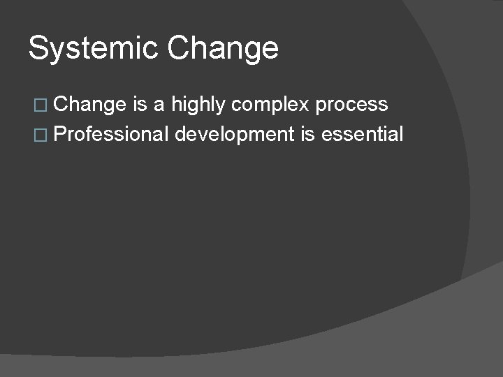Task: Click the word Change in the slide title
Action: click(223, 49)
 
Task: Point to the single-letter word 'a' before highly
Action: click(160, 105)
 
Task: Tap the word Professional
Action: click(110, 133)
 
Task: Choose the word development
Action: click(235, 135)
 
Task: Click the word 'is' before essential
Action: click(308, 133)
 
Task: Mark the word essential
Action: click(363, 133)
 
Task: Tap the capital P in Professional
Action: click(59, 133)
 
